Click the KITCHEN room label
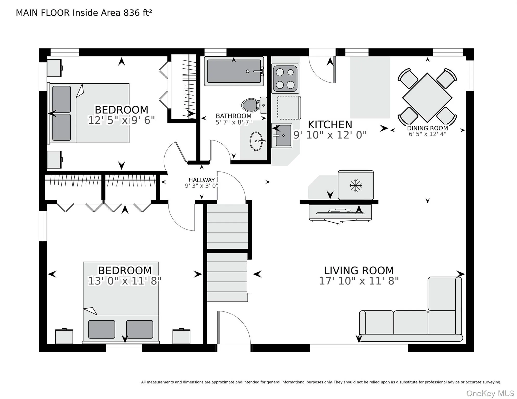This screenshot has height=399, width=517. (330, 125)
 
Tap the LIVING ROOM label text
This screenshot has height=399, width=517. (359, 271)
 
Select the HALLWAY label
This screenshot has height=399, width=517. (202, 180)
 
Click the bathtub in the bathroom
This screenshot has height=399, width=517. (234, 71)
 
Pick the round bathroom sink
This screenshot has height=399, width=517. (257, 141)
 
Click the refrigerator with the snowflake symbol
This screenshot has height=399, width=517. (356, 185)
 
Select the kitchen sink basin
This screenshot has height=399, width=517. (282, 135)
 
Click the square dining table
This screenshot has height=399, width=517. (427, 98)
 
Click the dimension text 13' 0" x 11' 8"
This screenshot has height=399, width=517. (125, 281)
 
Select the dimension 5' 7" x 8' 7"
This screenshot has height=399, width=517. (234, 122)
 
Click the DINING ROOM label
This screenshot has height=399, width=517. (428, 128)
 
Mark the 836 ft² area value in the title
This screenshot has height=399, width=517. (138, 13)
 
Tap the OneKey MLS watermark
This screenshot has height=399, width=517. (490, 394)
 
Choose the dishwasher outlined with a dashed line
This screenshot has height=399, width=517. (289, 108)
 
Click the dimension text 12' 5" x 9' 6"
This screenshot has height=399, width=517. (121, 121)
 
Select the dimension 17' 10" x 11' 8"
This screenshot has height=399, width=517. (359, 281)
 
